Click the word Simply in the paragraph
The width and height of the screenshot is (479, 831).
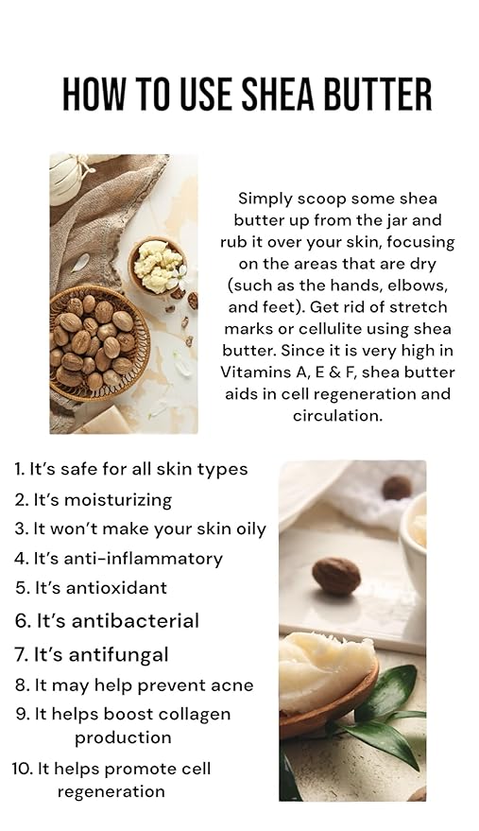(x=265, y=199)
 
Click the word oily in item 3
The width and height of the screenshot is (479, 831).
(x=247, y=529)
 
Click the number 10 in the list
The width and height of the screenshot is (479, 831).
(x=23, y=769)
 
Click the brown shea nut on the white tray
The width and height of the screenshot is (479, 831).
(x=336, y=575)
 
